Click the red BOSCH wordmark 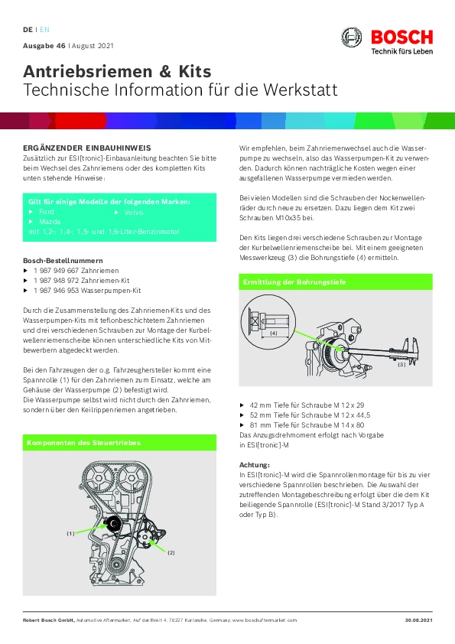[401, 37]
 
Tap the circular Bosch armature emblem [352, 37]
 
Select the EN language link [44, 30]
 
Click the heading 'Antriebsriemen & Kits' [117, 71]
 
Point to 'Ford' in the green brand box [47, 212]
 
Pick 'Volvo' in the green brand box [134, 213]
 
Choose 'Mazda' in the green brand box [50, 222]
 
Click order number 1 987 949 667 [57, 271]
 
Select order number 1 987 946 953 [57, 291]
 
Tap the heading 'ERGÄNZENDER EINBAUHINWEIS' [87, 148]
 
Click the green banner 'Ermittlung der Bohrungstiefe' [336, 281]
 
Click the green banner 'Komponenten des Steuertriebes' [119, 442]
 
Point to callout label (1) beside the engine [70, 534]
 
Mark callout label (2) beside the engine [171, 552]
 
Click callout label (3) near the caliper [401, 364]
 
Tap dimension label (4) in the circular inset [274, 333]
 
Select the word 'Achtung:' [255, 465]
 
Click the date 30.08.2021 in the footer [419, 620]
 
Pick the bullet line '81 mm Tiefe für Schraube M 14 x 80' [307, 425]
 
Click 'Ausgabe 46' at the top [44, 46]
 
